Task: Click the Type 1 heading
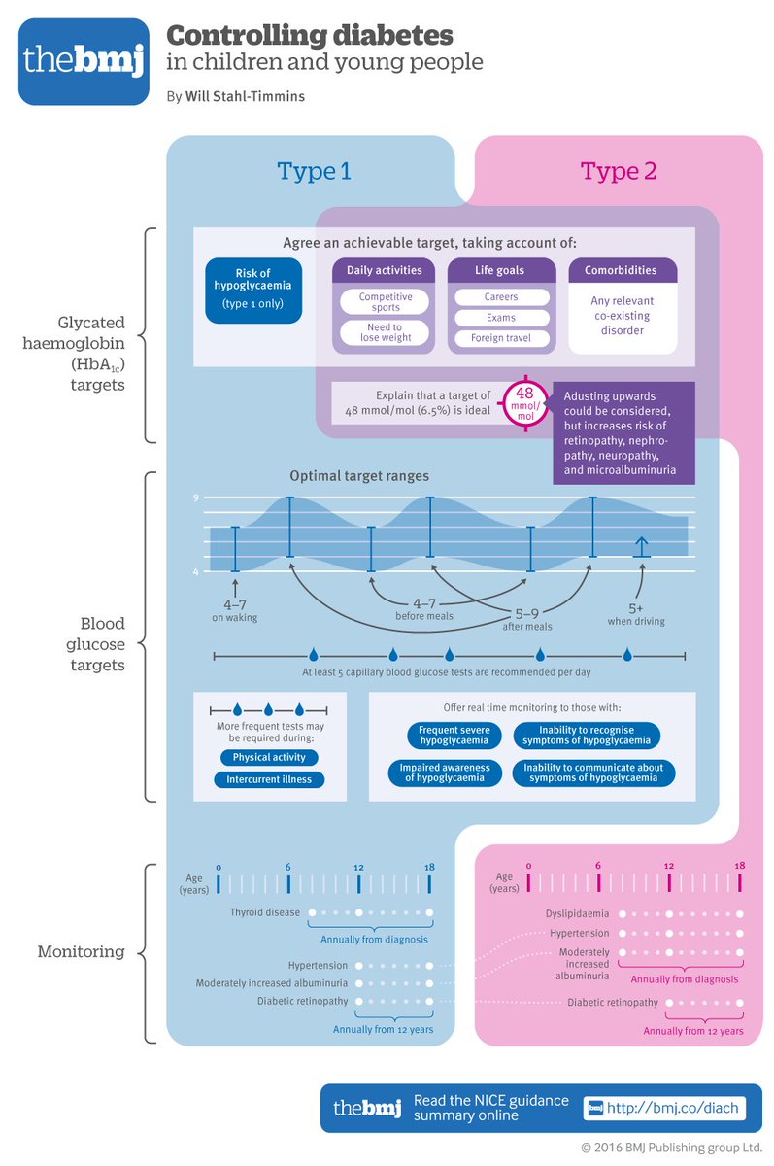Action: (x=313, y=171)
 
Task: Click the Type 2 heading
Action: (x=619, y=171)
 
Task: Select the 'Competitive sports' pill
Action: (x=386, y=302)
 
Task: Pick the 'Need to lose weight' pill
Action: (x=386, y=333)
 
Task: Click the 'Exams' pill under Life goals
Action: (x=501, y=318)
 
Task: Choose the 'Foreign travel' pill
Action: (x=501, y=339)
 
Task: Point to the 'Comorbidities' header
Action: (x=621, y=270)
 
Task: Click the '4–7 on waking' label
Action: (x=235, y=610)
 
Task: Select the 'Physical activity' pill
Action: (x=269, y=758)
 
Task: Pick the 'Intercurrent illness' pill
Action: (x=269, y=779)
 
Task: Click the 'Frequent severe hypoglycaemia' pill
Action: (x=454, y=736)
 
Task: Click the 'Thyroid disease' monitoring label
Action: (x=265, y=913)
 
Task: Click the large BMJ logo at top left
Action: (x=83, y=62)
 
